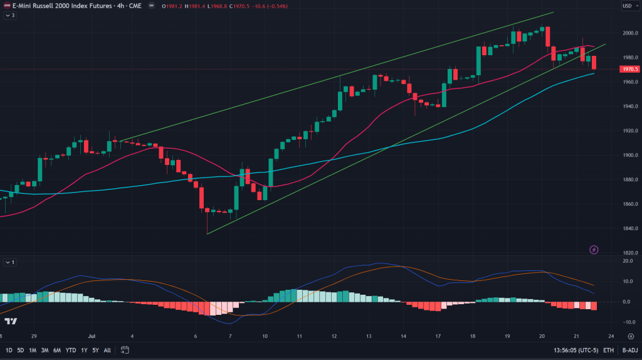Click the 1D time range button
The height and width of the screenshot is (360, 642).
pos(9,350)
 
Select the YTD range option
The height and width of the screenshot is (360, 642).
pos(70,350)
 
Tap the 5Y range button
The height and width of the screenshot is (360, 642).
pos(95,350)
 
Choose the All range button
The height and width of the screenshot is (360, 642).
pos(107,350)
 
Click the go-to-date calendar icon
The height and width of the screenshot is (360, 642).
pos(125,350)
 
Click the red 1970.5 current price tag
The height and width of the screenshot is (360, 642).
pos(628,69)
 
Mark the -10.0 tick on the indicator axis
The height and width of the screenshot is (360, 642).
pos(627,322)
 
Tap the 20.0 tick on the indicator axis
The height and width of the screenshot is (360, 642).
pos(627,261)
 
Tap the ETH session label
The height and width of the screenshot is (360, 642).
pos(608,350)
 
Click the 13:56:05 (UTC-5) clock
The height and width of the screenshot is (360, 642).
pos(575,350)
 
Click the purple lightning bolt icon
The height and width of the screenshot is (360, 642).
pos(594,250)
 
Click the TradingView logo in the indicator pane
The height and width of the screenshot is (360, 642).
pos(10,321)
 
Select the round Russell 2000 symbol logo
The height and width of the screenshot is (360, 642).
pos(6,6)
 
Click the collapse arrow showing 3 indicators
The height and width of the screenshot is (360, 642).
pos(9,15)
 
